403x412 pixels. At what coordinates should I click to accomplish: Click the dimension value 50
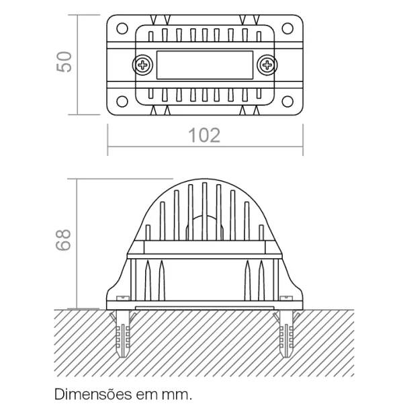point(64,62)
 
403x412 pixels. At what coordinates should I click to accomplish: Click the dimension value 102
point(204,136)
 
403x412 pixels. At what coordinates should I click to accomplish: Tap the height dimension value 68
point(63,240)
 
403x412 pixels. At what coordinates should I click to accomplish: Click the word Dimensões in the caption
point(93,394)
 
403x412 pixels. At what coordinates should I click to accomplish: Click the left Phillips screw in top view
point(142,65)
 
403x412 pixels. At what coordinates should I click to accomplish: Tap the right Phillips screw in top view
point(267,65)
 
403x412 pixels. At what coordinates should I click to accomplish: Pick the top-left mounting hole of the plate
point(122,28)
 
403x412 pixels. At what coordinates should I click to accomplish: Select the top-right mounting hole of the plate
point(287,28)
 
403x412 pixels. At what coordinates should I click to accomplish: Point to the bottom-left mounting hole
point(122,101)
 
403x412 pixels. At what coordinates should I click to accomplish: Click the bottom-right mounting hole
point(287,101)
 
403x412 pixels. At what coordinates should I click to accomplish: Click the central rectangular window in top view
point(205,65)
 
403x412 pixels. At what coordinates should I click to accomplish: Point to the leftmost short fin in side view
point(148,233)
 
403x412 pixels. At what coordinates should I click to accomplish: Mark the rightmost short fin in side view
point(261,233)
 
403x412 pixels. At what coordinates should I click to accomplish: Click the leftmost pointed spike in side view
point(148,280)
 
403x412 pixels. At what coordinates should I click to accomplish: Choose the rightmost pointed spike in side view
point(261,280)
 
